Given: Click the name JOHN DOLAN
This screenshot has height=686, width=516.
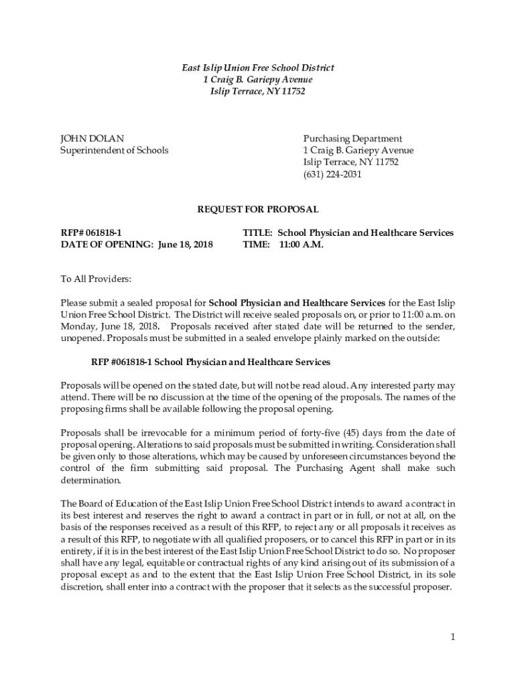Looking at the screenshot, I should click(92, 139).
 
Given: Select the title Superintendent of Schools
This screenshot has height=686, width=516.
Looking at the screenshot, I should click(115, 150).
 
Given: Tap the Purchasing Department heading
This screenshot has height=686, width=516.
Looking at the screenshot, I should click(352, 139).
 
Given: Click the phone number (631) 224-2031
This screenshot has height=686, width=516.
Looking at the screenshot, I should click(332, 174).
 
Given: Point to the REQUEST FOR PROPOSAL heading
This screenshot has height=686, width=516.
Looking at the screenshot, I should click(258, 210).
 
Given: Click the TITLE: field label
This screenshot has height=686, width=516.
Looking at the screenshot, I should click(257, 233).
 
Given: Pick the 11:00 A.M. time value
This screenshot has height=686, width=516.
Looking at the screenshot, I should click(301, 245).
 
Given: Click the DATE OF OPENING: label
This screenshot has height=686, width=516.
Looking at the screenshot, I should click(107, 245).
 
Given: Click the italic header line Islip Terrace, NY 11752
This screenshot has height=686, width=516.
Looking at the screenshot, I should click(258, 91).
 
